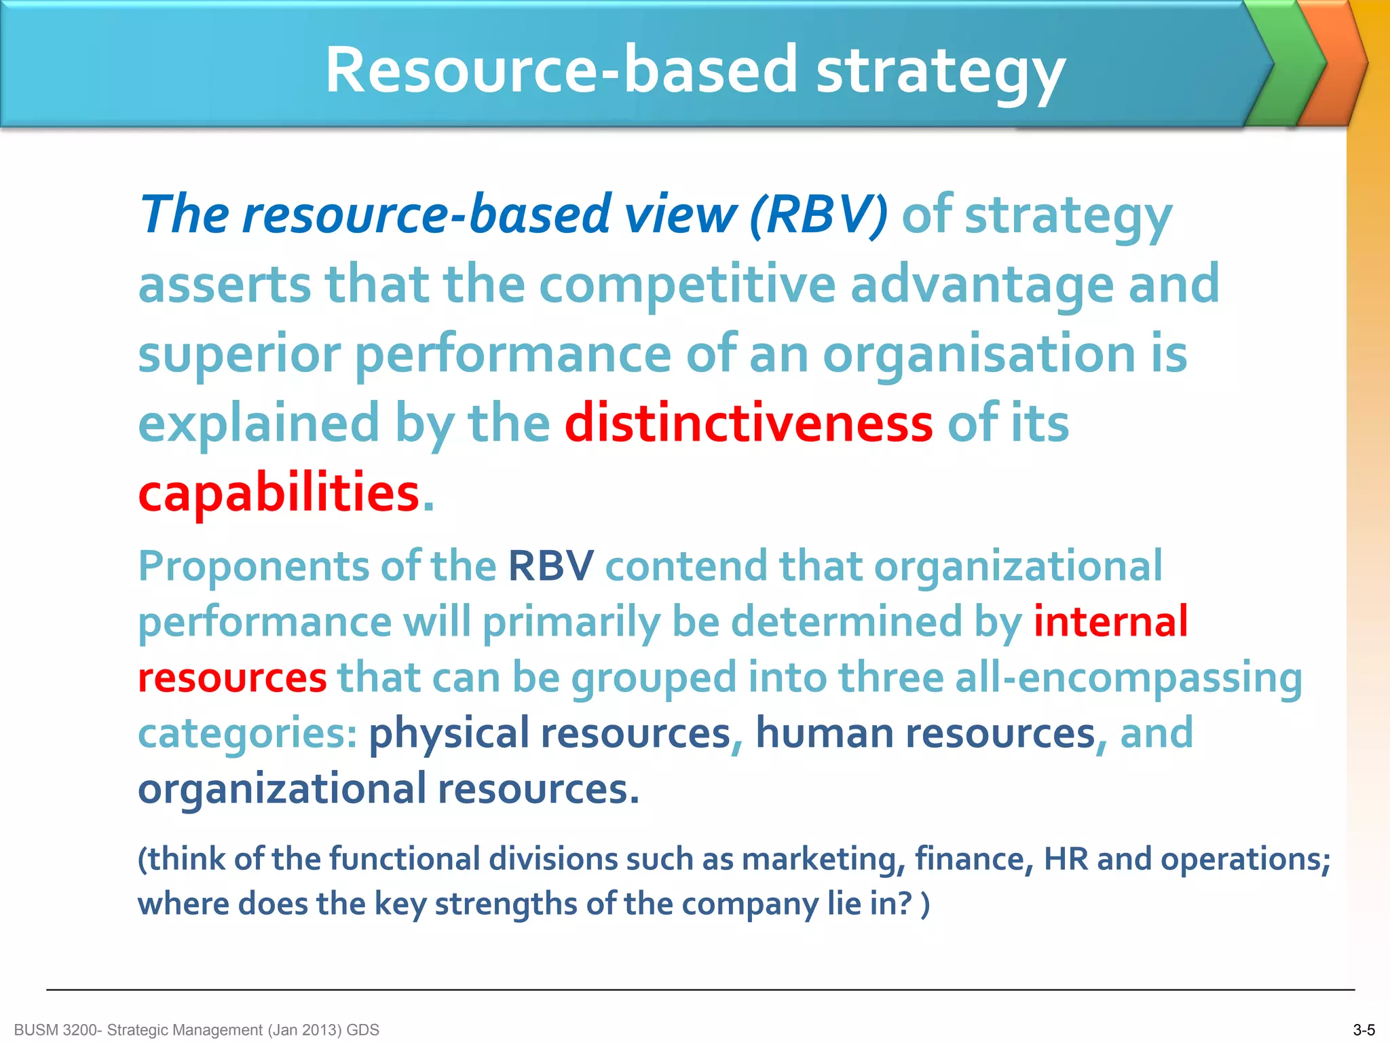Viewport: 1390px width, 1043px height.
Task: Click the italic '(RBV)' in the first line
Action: tap(819, 215)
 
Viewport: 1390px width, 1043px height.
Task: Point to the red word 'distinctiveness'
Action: tap(749, 423)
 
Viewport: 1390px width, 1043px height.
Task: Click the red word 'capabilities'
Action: tap(279, 493)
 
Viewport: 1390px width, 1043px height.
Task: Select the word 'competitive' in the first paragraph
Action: tap(687, 285)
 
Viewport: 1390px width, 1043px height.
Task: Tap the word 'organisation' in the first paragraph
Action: tap(979, 354)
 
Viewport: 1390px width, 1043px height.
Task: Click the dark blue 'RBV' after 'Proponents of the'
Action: tap(550, 566)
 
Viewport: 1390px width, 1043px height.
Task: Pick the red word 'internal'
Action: tap(1110, 621)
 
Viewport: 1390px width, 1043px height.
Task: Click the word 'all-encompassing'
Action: tap(1128, 678)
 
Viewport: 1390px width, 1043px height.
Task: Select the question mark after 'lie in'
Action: tap(905, 904)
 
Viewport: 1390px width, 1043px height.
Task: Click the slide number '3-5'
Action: tap(1364, 1030)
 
